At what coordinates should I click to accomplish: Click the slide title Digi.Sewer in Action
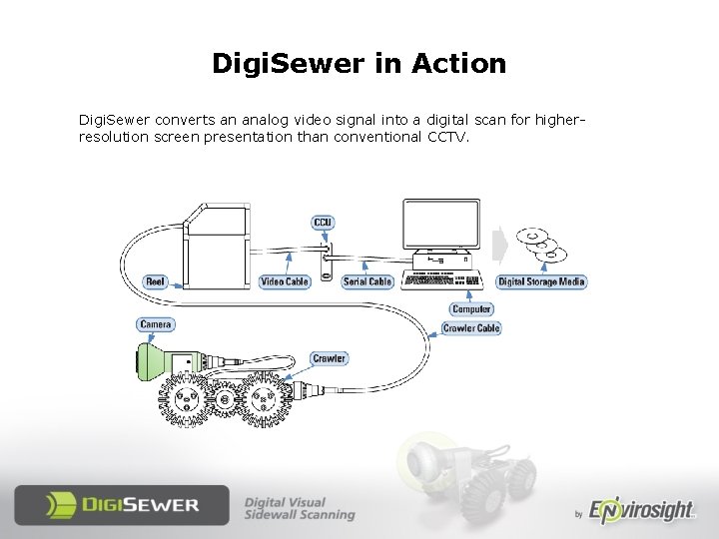[359, 64]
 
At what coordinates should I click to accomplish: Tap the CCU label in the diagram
[323, 222]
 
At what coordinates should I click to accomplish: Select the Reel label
[155, 281]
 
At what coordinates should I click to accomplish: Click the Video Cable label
[285, 281]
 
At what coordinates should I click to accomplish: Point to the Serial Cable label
[367, 281]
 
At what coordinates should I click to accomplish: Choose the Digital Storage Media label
[541, 281]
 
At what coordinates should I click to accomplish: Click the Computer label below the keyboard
[471, 309]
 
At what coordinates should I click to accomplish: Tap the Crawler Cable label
[471, 328]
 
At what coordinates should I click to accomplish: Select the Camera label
[156, 324]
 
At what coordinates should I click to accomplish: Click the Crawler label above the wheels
[329, 358]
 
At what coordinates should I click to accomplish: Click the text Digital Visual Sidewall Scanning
[300, 509]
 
